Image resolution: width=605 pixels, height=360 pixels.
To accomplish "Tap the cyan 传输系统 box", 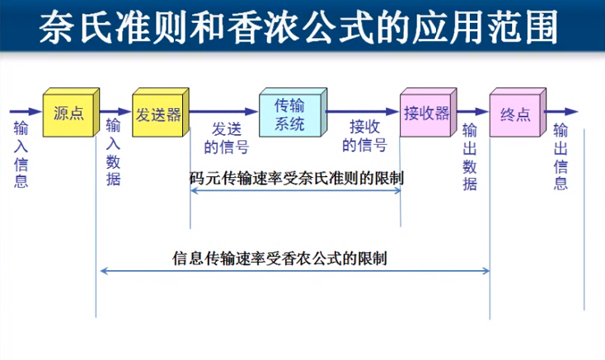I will (x=289, y=114).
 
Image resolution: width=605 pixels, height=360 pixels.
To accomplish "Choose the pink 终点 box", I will (x=515, y=114).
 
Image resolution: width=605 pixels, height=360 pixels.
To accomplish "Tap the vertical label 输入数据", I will (x=113, y=152).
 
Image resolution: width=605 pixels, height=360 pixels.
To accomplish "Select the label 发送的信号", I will (x=226, y=138).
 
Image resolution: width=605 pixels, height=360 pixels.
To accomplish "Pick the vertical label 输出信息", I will (x=560, y=156).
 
